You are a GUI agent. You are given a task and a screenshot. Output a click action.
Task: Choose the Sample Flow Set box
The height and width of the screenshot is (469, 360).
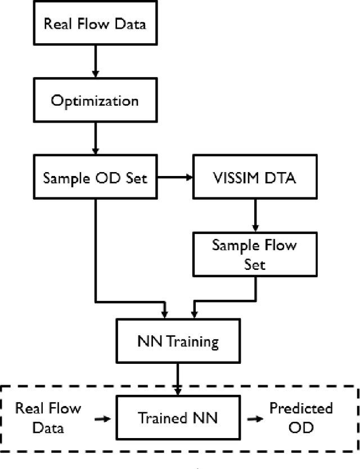254,254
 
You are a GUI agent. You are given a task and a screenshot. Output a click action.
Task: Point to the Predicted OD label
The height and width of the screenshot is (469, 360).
308,417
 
